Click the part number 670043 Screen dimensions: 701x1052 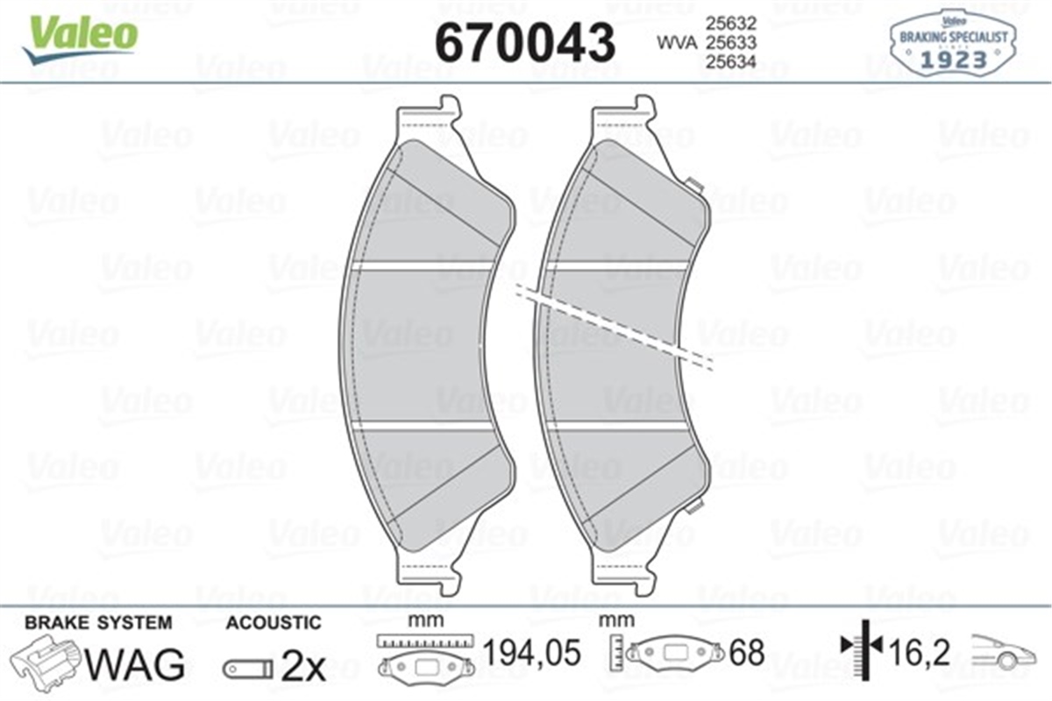pos(525,40)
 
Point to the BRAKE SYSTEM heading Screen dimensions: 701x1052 pos(98,623)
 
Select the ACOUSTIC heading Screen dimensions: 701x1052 pos(274,623)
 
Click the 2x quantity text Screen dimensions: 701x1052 pos(302,669)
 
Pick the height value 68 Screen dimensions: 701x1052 pos(748,653)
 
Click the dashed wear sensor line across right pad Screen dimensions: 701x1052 pos(614,322)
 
